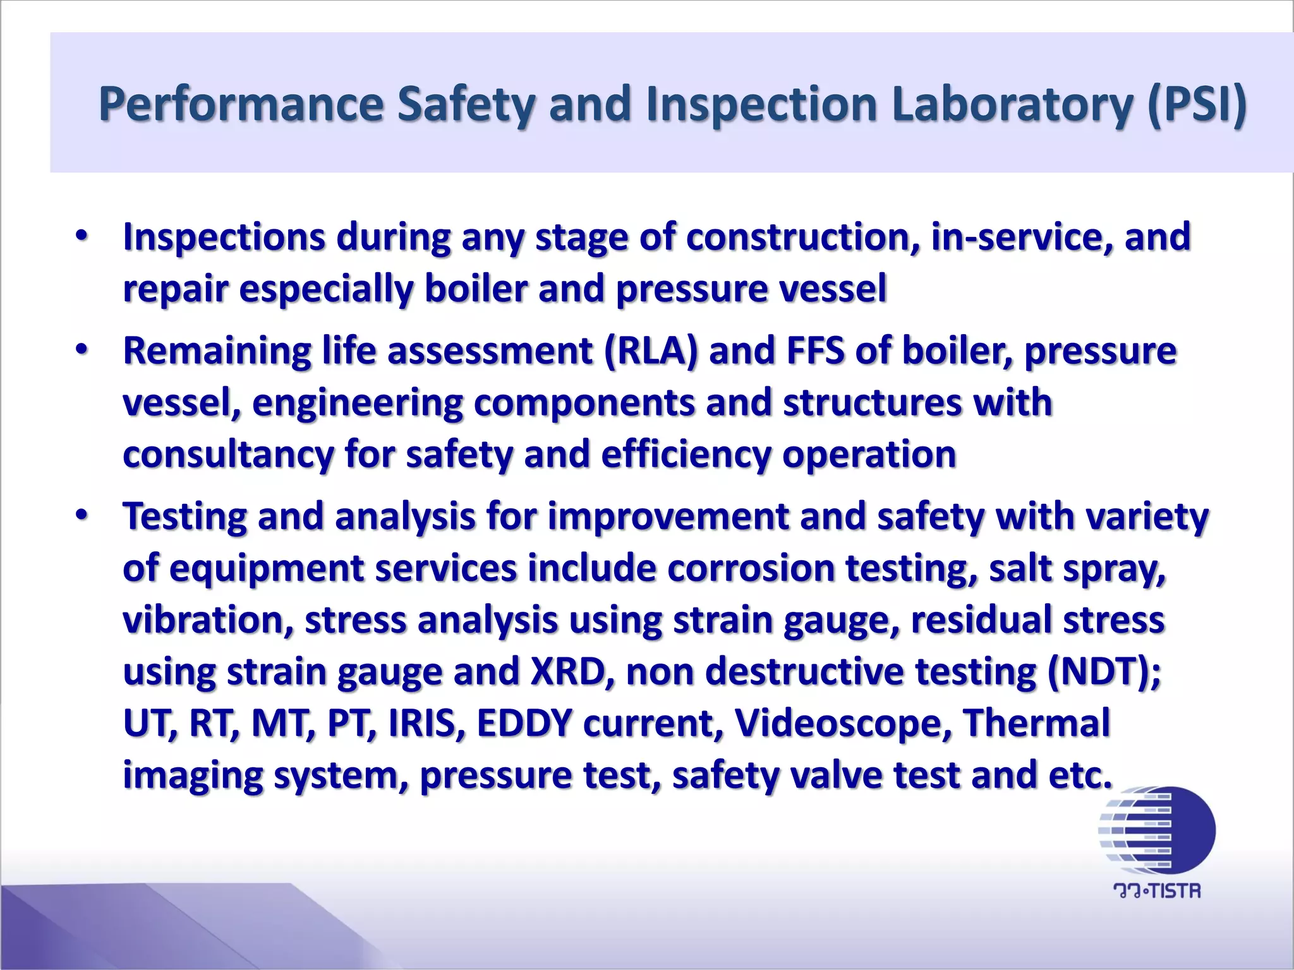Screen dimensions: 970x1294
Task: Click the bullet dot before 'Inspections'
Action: click(x=82, y=236)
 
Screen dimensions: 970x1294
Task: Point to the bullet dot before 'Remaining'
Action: click(x=82, y=350)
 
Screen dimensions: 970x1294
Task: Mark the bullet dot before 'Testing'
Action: click(x=82, y=515)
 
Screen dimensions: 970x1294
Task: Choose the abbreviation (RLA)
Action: click(x=651, y=351)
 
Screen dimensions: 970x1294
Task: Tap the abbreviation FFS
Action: click(x=814, y=351)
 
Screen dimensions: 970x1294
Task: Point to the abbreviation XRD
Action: click(x=567, y=672)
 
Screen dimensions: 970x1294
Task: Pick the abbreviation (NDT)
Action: click(x=1103, y=672)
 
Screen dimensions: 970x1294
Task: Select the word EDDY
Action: click(x=524, y=724)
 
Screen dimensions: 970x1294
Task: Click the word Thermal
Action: click(x=1036, y=724)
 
